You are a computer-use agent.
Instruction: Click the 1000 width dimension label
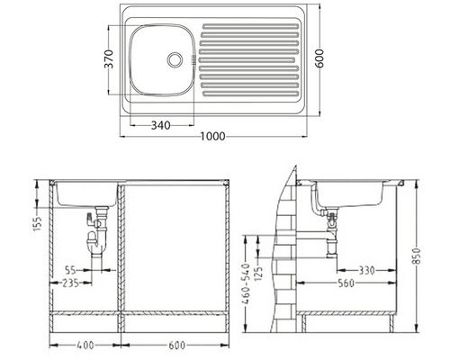click(x=212, y=137)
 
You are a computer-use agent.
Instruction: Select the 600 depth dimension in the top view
click(x=320, y=58)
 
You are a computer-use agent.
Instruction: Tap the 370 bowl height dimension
click(x=109, y=59)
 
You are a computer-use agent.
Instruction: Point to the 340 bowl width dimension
click(x=160, y=125)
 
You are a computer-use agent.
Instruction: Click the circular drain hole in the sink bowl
click(x=175, y=59)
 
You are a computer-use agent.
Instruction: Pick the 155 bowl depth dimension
click(x=38, y=223)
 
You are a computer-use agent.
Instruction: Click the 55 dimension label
click(x=71, y=270)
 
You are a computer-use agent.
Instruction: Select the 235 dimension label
click(x=71, y=283)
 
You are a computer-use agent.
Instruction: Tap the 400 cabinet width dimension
click(x=85, y=346)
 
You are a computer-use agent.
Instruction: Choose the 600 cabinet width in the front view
click(x=176, y=346)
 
